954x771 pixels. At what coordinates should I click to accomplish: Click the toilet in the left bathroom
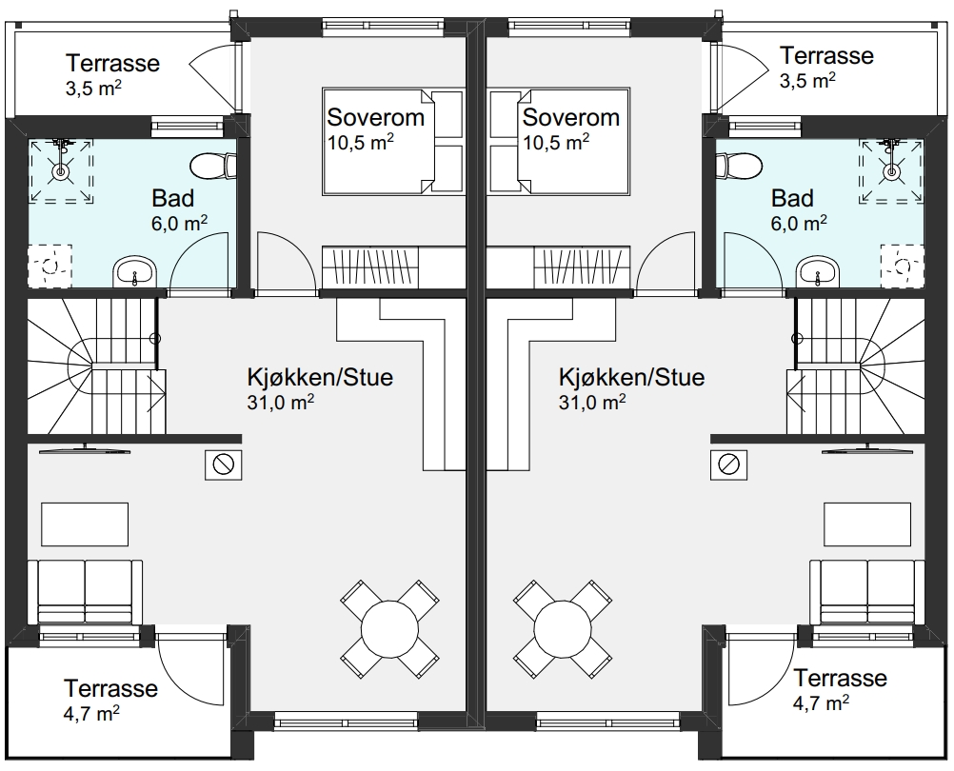pos(213,164)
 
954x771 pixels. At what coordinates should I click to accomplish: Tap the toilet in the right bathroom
pos(739,165)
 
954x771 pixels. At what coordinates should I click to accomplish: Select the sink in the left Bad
pos(134,272)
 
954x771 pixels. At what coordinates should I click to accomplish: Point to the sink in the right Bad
pos(817,272)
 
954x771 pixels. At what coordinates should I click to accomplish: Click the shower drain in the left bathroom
pos(60,172)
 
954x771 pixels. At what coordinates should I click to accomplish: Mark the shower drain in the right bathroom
pos(891,172)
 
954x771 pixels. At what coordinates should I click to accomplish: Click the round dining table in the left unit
pos(389,629)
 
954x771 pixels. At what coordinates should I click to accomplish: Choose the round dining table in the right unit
pos(562,629)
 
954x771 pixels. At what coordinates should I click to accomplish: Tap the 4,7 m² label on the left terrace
pos(91,713)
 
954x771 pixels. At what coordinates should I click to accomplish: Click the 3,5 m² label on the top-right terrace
pos(807,80)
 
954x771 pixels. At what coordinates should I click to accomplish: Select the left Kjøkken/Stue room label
pos(320,377)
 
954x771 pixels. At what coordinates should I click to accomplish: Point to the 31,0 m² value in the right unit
pos(592,402)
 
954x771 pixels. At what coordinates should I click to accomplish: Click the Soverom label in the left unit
pos(375,117)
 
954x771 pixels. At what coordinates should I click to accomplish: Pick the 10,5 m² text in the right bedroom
pos(555,142)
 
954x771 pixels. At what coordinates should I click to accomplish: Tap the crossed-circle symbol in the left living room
pos(224,465)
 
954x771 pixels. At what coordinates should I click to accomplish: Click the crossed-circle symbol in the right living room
pos(728,465)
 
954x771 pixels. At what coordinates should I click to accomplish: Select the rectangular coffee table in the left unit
pos(85,524)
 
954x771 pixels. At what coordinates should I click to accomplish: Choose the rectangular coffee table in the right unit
pos(867,524)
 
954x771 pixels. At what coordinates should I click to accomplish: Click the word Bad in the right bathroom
pos(792,198)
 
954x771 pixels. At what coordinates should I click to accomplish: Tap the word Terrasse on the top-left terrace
pos(112,63)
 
